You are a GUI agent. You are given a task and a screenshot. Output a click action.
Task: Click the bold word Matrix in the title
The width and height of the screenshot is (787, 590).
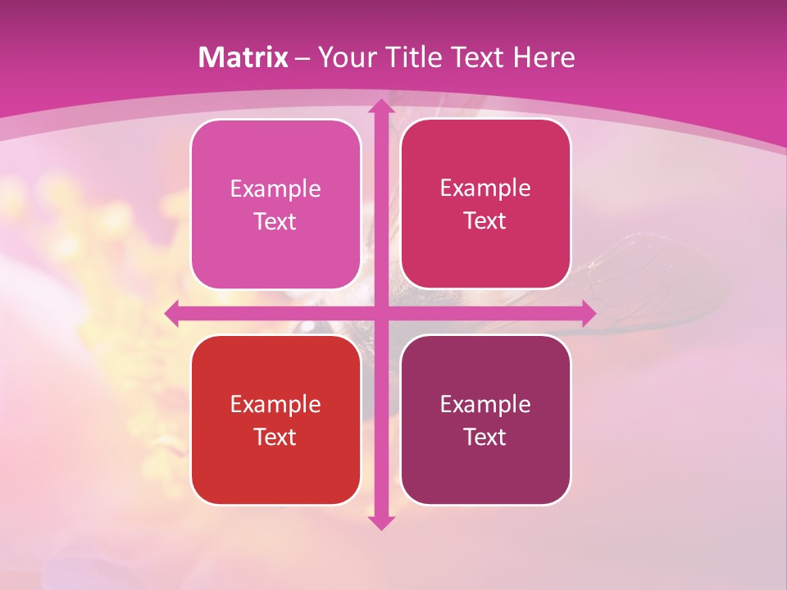click(x=243, y=57)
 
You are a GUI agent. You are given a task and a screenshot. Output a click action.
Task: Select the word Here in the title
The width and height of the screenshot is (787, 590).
click(x=544, y=57)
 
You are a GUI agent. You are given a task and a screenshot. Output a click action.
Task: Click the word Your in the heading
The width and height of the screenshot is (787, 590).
click(x=344, y=57)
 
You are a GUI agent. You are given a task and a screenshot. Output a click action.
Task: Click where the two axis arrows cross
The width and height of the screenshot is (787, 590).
click(x=380, y=313)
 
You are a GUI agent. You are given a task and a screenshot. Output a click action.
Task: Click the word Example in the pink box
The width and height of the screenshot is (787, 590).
click(x=275, y=189)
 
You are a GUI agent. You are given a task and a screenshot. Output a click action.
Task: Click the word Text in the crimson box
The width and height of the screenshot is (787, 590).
click(x=485, y=221)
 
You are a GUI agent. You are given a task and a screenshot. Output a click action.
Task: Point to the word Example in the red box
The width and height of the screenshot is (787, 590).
click(x=275, y=404)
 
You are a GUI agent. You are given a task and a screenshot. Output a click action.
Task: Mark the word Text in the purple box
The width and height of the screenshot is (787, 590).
click(x=485, y=437)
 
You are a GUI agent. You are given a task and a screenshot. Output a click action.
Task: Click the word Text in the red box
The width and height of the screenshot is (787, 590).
click(x=275, y=437)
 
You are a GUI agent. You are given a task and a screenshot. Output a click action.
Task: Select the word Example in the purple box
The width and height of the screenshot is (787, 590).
click(x=485, y=404)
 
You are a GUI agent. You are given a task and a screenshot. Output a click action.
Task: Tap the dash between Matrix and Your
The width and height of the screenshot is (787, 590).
click(x=303, y=58)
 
